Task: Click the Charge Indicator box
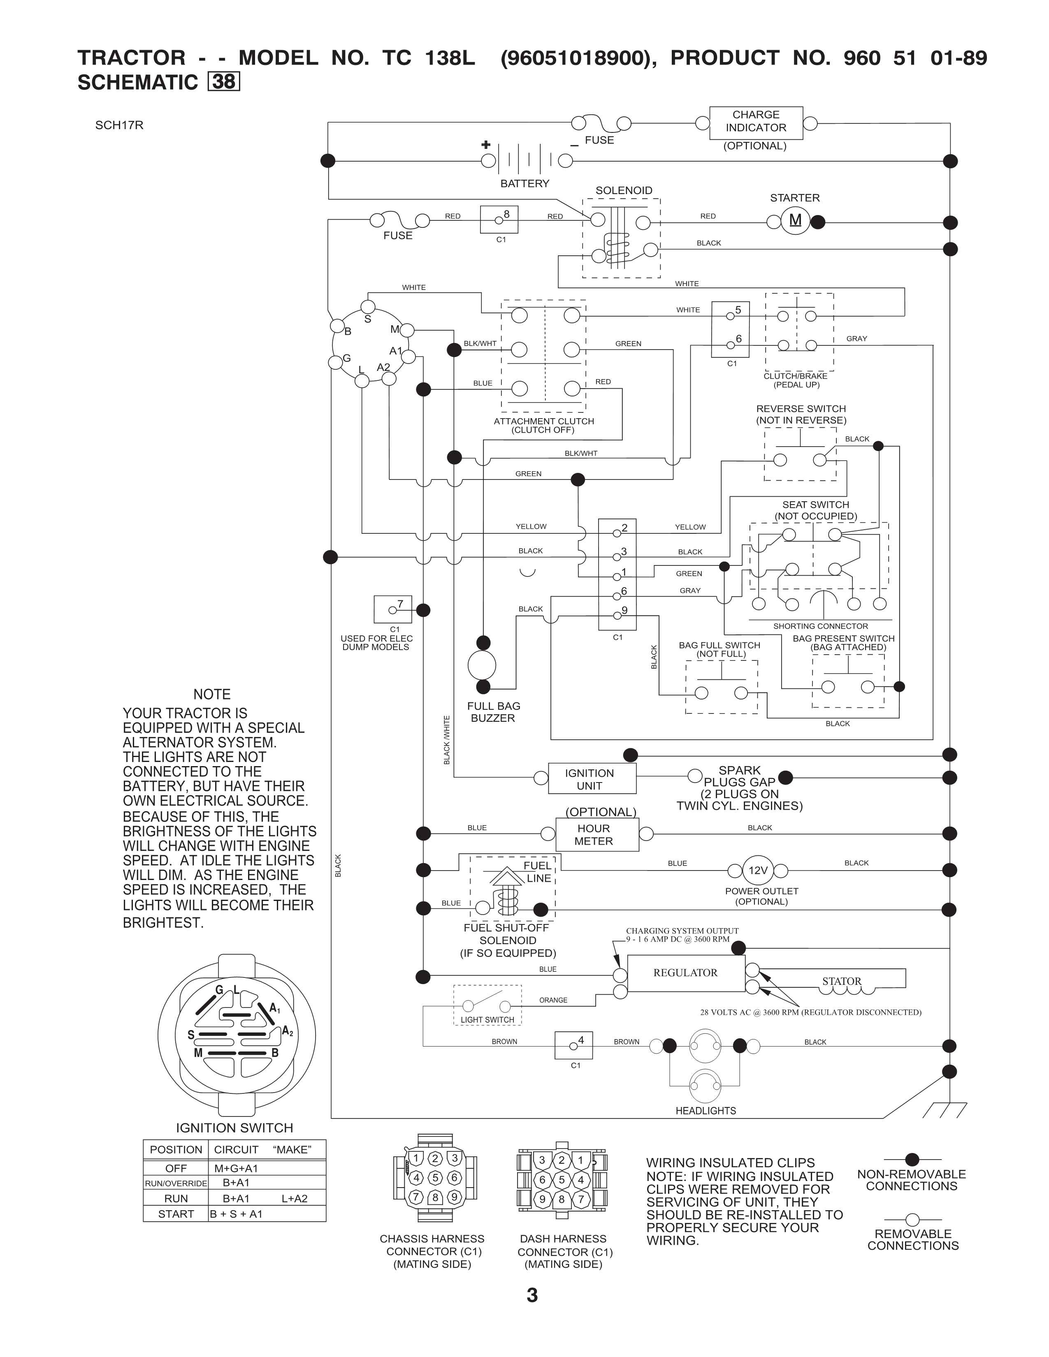(756, 123)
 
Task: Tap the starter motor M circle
(795, 220)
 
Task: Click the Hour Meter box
(596, 834)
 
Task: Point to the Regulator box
(685, 973)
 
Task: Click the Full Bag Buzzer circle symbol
(482, 665)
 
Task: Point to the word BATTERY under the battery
(524, 183)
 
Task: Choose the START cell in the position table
(176, 1214)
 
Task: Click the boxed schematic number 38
(224, 82)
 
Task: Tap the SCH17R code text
(119, 125)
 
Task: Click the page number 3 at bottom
(532, 1295)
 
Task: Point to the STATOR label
(841, 981)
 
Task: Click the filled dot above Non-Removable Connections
(912, 1160)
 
